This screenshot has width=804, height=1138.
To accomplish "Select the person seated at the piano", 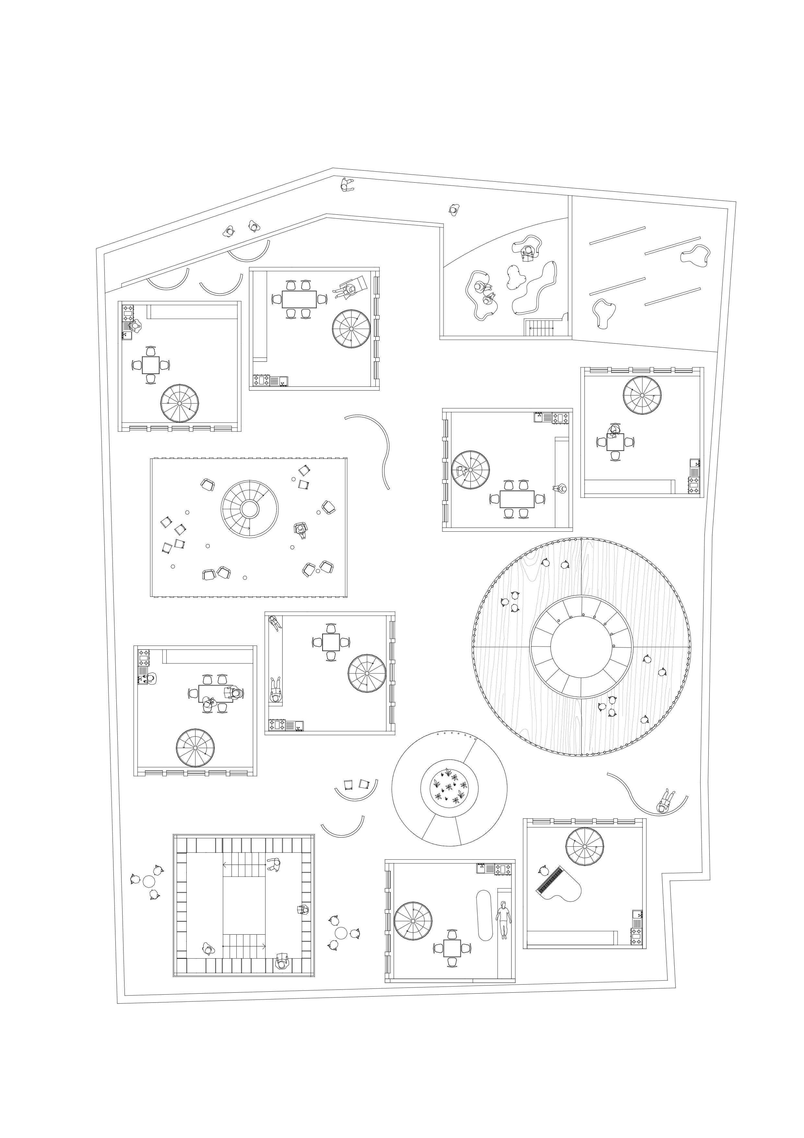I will [544, 870].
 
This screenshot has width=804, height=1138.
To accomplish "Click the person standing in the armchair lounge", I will [300, 529].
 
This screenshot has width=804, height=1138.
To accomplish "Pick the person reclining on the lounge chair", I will [350, 288].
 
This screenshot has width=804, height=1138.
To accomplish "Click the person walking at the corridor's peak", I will [347, 185].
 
